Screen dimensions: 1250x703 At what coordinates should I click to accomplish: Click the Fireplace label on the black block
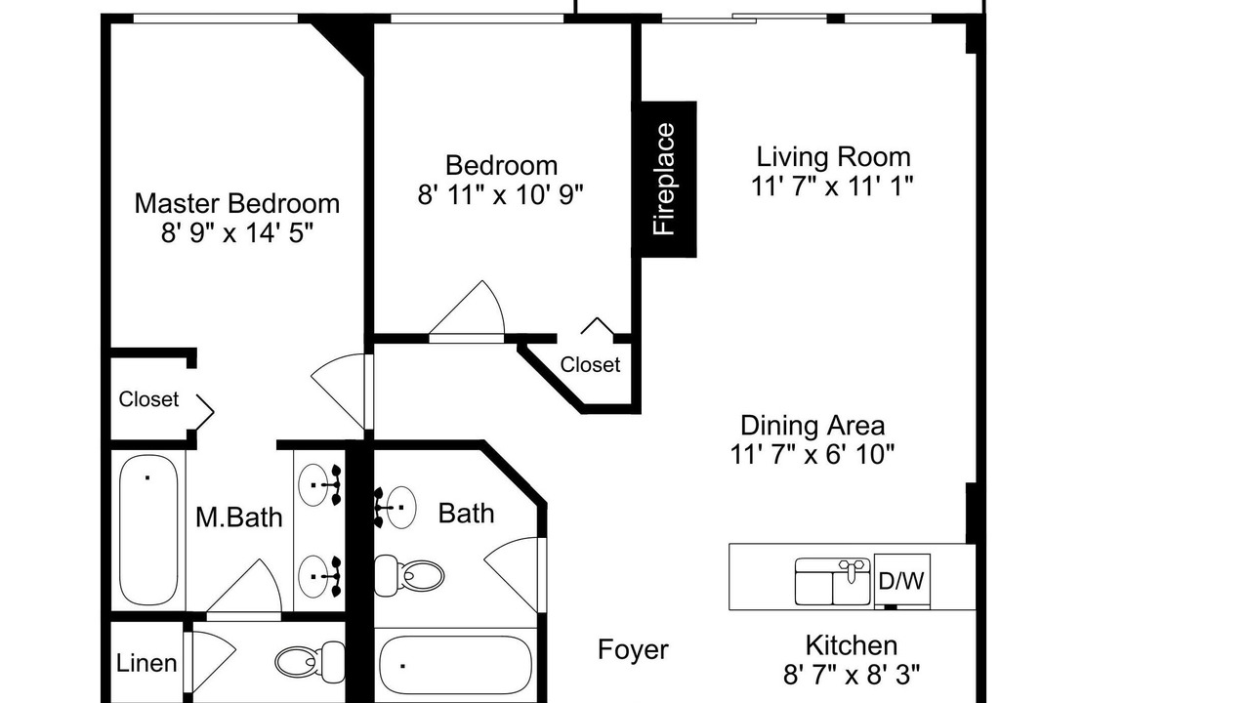click(664, 179)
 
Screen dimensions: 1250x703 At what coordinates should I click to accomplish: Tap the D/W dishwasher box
click(901, 580)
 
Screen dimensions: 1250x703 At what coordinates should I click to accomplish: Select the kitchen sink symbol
click(833, 581)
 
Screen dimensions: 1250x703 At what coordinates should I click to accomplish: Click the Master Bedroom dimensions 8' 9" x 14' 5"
click(237, 232)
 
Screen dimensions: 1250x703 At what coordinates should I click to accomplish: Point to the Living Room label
click(833, 156)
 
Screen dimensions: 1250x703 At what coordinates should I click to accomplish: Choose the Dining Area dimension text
click(812, 454)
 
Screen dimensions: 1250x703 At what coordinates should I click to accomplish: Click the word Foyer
click(633, 649)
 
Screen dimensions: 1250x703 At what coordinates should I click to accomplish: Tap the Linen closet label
click(146, 663)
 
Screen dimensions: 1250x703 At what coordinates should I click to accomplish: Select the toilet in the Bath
click(409, 575)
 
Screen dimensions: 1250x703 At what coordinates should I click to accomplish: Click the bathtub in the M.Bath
click(148, 530)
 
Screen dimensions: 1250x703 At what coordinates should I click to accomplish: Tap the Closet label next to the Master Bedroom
click(148, 399)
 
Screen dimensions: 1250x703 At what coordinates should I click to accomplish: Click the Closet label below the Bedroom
click(590, 364)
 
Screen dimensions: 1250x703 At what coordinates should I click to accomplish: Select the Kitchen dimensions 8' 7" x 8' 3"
click(851, 676)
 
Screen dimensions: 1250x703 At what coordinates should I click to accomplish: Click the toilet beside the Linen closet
click(311, 662)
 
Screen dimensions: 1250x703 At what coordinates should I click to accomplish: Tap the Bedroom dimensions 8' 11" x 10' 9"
click(501, 194)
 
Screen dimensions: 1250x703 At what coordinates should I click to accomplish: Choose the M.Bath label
click(239, 517)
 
